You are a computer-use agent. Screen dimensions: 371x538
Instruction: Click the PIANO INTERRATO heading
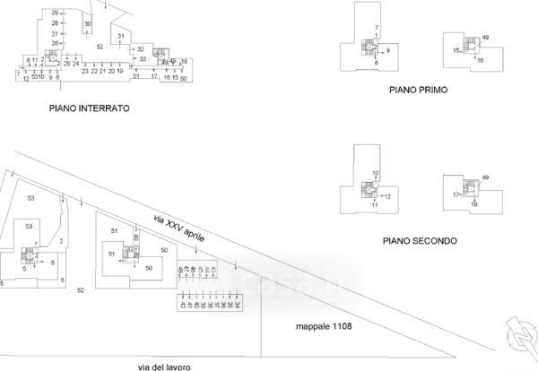[x=91, y=107]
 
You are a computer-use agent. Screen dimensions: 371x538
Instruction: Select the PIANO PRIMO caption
[x=418, y=91]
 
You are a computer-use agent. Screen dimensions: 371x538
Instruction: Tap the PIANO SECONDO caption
[x=420, y=240]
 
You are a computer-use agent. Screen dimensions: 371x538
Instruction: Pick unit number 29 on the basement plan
[x=55, y=13]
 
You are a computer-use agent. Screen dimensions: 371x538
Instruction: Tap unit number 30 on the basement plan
[x=87, y=23]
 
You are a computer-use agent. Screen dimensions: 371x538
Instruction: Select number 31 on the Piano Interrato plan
[x=121, y=35]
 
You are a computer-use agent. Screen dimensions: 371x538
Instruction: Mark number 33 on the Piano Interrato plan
[x=142, y=58]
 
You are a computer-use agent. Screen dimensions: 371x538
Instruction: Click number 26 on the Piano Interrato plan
[x=55, y=43]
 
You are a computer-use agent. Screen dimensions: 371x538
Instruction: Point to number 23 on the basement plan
[x=85, y=71]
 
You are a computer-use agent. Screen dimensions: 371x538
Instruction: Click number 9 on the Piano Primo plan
[x=388, y=51]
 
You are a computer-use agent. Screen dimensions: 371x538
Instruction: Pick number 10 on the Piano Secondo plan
[x=376, y=173]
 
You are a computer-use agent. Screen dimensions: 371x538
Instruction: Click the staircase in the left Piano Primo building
[x=368, y=49]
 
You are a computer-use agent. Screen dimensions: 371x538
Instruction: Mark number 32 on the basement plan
[x=141, y=48]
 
